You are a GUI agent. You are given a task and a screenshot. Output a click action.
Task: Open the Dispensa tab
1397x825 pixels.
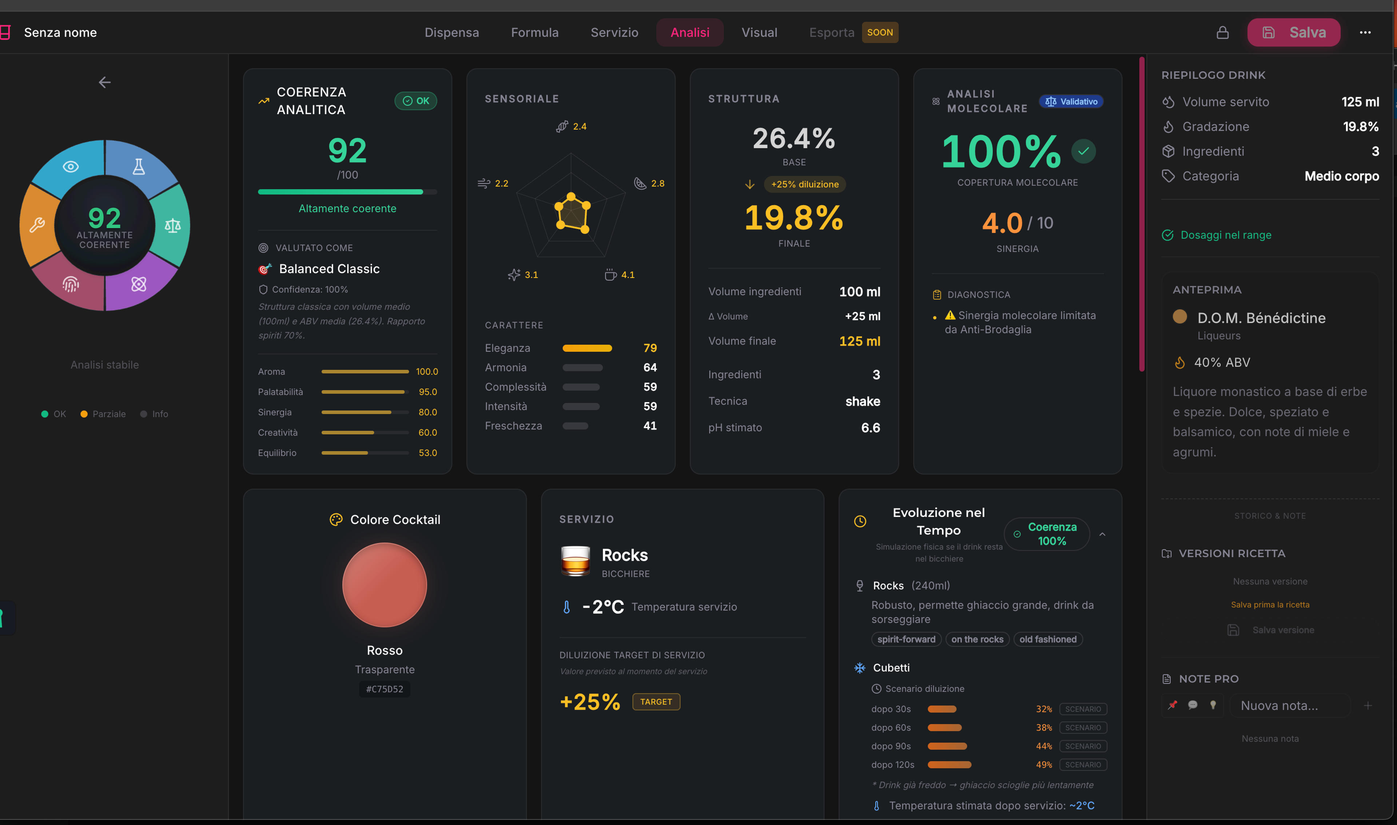pyautogui.click(x=451, y=32)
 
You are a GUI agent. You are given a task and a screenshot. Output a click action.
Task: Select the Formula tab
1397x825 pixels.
pyautogui.click(x=534, y=32)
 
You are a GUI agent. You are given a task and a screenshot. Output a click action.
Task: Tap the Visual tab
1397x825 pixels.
pyautogui.click(x=759, y=32)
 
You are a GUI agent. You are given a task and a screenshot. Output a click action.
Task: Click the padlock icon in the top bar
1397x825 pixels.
pyautogui.click(x=1222, y=32)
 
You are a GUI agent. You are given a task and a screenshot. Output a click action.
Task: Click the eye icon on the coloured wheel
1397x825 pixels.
pyautogui.click(x=71, y=166)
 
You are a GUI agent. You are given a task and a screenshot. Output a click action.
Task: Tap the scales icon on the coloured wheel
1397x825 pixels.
pyautogui.click(x=172, y=225)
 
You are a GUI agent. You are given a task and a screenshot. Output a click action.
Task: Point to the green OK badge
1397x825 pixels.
pyautogui.click(x=416, y=101)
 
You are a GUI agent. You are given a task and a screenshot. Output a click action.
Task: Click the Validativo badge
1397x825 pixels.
pyautogui.click(x=1071, y=101)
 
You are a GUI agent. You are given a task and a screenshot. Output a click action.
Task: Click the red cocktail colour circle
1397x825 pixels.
pyautogui.click(x=385, y=585)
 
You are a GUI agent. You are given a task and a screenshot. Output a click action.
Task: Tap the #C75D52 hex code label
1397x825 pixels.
pyautogui.click(x=385, y=689)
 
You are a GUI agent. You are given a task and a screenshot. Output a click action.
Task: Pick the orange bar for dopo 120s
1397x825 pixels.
pyautogui.click(x=949, y=764)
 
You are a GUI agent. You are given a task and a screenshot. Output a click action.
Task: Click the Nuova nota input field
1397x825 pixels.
pyautogui.click(x=1289, y=706)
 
